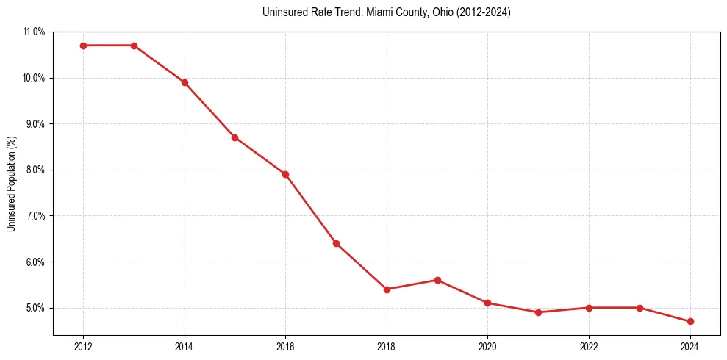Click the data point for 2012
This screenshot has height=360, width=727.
click(x=83, y=46)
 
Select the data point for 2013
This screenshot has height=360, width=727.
click(x=134, y=46)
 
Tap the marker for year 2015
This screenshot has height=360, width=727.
click(x=235, y=137)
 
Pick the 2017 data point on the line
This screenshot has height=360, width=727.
click(x=336, y=243)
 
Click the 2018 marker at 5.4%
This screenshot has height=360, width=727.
click(x=387, y=289)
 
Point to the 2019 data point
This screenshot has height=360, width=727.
click(x=437, y=280)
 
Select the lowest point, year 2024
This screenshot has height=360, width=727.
click(x=690, y=321)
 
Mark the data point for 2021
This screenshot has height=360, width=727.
click(x=538, y=312)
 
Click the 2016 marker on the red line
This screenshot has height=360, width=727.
click(x=285, y=174)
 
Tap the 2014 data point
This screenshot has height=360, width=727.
click(x=185, y=82)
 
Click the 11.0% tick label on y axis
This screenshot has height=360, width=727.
click(x=34, y=32)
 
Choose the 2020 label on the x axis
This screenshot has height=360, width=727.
click(x=487, y=346)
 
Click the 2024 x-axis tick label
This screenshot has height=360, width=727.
click(x=690, y=346)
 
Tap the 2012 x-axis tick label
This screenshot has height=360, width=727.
click(x=83, y=346)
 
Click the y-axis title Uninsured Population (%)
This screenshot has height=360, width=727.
click(x=11, y=184)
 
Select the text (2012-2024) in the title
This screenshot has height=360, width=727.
click(x=483, y=12)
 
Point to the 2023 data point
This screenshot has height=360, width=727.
click(x=640, y=308)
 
